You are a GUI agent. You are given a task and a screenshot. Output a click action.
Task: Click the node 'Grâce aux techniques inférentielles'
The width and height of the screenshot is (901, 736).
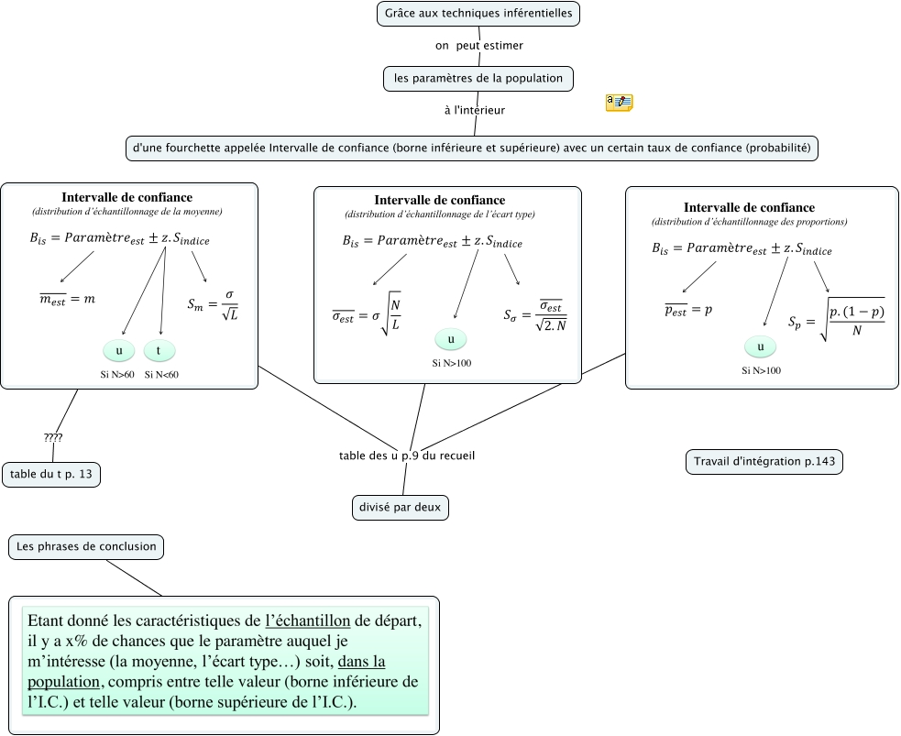coord(478,14)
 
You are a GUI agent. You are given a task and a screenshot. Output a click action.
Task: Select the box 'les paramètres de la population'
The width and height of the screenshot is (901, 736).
coord(478,79)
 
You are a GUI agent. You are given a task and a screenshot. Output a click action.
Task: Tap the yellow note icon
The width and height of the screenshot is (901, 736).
coord(620,103)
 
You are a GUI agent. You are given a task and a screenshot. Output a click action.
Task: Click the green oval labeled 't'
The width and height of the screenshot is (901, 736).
coord(159,350)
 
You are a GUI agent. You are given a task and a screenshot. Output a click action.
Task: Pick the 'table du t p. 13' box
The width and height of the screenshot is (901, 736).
coord(51,474)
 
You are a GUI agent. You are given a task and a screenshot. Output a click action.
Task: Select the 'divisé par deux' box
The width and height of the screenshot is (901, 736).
coord(401,507)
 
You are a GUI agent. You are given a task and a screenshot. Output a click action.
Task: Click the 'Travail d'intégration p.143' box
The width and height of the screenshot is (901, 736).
coord(764,462)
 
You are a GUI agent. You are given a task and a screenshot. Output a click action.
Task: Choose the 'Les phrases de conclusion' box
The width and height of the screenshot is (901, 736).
coord(86,547)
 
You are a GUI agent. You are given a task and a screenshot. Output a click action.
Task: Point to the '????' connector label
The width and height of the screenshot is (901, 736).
coord(53,437)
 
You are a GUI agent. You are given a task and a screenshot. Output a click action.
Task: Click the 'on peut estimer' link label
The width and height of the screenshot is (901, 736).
coord(478,44)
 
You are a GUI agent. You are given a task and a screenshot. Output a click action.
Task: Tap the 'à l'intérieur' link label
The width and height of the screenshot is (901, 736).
coord(474,110)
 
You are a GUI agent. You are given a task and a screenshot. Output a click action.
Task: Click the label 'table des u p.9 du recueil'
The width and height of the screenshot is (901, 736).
coord(406,456)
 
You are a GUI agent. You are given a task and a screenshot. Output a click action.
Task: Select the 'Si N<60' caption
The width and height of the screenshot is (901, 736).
coord(161,374)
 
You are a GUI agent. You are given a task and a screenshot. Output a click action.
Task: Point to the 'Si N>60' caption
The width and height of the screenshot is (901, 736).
coord(117,374)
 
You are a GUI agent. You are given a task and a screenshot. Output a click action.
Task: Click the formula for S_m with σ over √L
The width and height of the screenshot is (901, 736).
coord(213,306)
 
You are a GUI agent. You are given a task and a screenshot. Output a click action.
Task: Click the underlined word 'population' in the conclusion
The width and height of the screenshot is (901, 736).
coord(64,682)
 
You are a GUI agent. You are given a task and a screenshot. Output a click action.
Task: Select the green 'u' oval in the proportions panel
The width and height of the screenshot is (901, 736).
coord(760,347)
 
